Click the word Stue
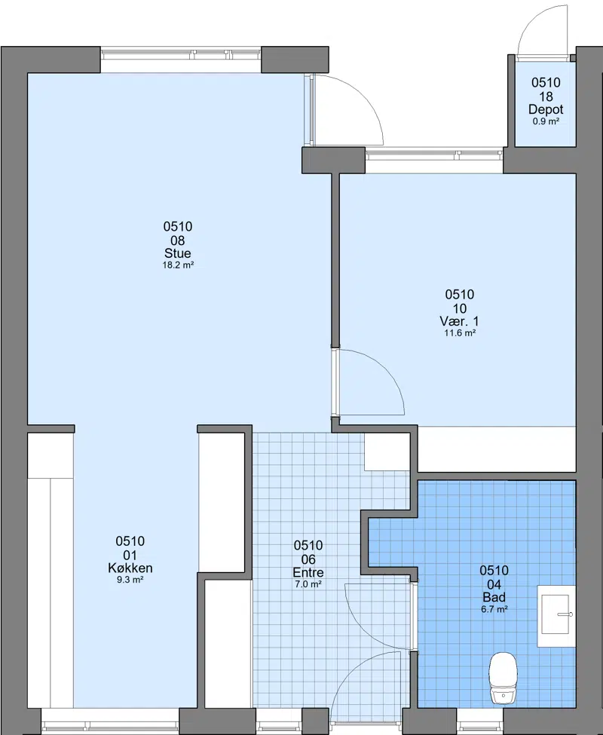178,253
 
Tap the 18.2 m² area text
178,265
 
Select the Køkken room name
130,568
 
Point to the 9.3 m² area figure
130,580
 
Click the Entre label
308,572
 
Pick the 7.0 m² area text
308,584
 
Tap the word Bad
494,598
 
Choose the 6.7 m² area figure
494,610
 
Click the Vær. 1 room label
460,322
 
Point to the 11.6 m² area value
460,333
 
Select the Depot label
546,110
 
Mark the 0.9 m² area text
546,121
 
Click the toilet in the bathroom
504,678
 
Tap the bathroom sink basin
556,614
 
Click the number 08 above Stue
178,240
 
